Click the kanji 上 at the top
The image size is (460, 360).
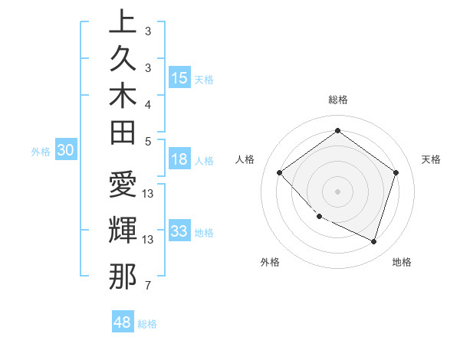[123, 21]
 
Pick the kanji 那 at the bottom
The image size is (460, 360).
[123, 276]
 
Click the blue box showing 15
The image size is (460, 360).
[179, 78]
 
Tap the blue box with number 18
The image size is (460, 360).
[179, 160]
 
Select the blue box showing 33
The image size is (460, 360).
[179, 231]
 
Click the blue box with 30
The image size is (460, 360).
[66, 151]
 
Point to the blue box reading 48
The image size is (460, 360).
[123, 322]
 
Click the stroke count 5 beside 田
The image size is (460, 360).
[148, 141]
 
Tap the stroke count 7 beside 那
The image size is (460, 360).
[148, 286]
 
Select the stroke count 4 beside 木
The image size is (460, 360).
[148, 103]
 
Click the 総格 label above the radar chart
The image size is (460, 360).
[337, 100]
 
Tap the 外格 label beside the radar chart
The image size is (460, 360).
[270, 262]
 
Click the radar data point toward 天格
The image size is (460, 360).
[396, 172]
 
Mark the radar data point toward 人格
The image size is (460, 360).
[280, 172]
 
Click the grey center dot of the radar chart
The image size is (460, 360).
[337, 191]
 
